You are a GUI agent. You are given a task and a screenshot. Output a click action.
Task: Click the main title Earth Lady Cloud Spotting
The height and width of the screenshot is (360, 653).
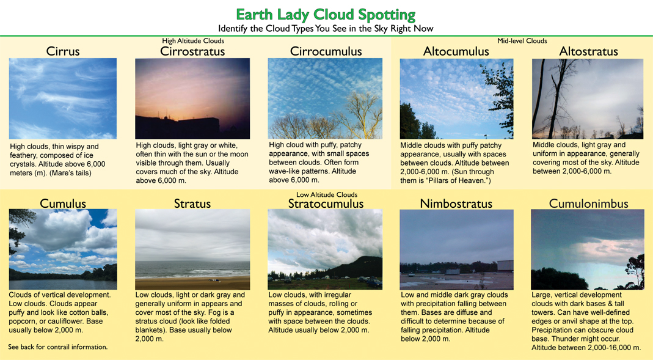tap(326, 15)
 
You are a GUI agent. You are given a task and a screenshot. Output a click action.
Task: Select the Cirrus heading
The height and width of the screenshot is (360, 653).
tap(63, 51)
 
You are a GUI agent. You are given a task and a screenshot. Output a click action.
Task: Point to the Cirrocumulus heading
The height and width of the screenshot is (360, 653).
tap(326, 51)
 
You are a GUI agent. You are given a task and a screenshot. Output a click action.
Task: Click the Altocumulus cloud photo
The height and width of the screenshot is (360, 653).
tap(456, 98)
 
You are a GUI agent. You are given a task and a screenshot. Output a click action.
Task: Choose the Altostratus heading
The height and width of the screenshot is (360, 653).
tap(588, 51)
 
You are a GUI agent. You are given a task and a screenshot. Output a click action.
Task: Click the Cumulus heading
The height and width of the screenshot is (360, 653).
tap(63, 203)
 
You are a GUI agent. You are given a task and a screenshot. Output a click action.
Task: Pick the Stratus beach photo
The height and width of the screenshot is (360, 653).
tap(192, 249)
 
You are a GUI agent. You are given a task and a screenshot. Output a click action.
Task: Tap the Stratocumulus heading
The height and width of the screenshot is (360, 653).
tap(326, 204)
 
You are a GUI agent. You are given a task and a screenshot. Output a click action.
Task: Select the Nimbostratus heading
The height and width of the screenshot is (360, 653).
tap(456, 203)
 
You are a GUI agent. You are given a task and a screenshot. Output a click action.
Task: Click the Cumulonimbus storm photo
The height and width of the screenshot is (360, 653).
tap(587, 249)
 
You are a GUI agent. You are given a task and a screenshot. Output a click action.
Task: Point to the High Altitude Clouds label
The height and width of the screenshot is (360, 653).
tap(193, 41)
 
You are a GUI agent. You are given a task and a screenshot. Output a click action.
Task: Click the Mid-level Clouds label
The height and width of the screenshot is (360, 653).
tap(522, 41)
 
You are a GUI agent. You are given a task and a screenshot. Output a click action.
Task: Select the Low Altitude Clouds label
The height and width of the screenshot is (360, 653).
tap(327, 194)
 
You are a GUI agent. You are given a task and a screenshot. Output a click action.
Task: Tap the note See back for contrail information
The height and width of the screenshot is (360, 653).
tap(58, 347)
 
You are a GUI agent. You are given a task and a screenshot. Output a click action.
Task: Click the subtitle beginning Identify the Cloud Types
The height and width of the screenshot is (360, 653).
tap(326, 29)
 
